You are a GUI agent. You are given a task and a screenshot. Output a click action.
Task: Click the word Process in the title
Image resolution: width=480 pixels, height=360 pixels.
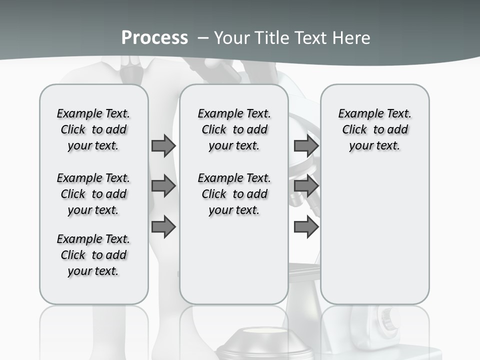pyautogui.click(x=154, y=37)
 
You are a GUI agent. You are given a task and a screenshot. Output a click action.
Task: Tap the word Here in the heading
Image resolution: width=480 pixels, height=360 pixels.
pyautogui.click(x=351, y=37)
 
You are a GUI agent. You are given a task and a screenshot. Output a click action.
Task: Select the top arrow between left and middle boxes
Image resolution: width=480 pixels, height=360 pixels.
pyautogui.click(x=163, y=145)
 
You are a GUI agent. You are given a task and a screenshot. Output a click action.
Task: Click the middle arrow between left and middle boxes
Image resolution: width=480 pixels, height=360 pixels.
pyautogui.click(x=163, y=186)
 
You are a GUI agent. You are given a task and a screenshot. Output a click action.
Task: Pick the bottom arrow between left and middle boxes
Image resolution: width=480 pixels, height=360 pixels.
pyautogui.click(x=163, y=227)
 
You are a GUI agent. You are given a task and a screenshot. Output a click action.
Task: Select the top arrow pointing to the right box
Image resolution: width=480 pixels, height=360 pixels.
pyautogui.click(x=306, y=145)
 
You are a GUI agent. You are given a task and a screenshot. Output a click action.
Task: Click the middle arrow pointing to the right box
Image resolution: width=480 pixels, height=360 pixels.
pyautogui.click(x=306, y=186)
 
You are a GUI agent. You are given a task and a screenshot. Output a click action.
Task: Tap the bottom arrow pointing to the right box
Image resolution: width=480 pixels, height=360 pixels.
pyautogui.click(x=306, y=227)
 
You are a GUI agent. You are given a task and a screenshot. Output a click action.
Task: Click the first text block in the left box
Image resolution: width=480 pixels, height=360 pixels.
pyautogui.click(x=93, y=129)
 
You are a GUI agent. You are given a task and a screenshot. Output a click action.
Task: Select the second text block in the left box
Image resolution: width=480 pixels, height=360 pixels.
pyautogui.click(x=93, y=194)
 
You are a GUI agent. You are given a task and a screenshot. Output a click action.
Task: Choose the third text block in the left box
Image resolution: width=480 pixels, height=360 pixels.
pyautogui.click(x=93, y=255)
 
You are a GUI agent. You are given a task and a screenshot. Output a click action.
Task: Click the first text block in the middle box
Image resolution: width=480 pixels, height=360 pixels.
pyautogui.click(x=234, y=129)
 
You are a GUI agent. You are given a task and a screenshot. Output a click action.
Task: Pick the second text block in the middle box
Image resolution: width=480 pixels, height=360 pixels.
pyautogui.click(x=234, y=194)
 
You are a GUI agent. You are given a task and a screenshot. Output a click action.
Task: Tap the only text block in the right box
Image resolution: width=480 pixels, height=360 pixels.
pyautogui.click(x=374, y=129)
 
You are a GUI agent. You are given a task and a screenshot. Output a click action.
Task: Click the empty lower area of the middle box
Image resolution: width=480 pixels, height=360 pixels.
pyautogui.click(x=234, y=260)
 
